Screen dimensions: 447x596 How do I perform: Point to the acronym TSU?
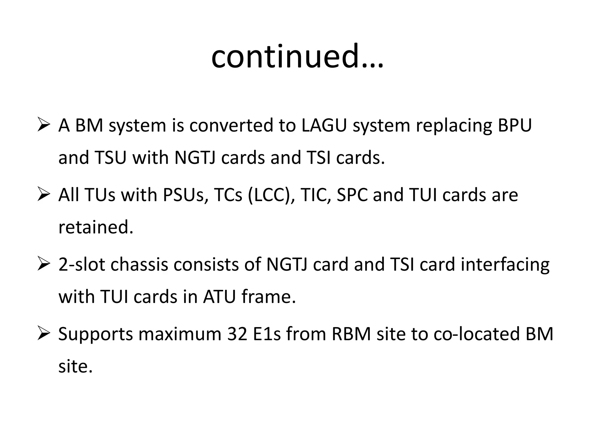point(110,158)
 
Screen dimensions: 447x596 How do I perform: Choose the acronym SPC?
point(352,195)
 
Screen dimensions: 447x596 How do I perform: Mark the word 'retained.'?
point(96,227)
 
